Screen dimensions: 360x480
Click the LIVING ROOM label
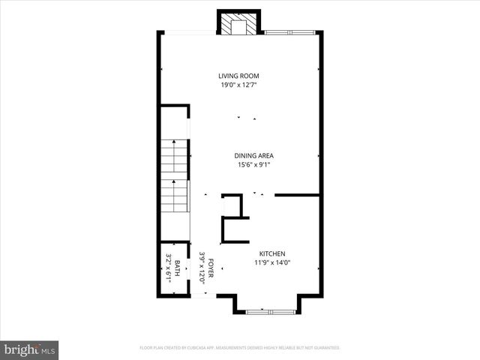[239, 76]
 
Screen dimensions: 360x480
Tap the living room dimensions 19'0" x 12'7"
[239, 85]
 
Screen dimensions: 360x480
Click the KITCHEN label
[272, 253]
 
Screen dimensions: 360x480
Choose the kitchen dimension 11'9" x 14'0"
[272, 262]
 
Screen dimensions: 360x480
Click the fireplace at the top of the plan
[239, 24]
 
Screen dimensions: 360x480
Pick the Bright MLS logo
[30, 349]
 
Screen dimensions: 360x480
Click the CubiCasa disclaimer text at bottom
[239, 348]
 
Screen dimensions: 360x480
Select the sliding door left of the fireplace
[188, 32]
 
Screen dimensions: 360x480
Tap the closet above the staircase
[175, 121]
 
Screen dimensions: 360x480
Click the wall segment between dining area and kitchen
[297, 195]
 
